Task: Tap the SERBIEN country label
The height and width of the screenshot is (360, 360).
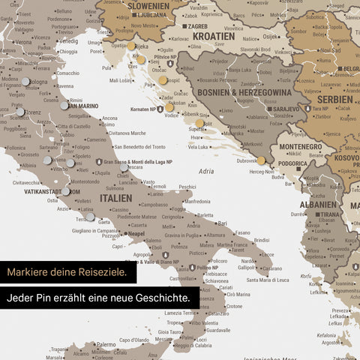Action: (x=334, y=99)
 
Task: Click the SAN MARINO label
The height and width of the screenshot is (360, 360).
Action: (x=83, y=106)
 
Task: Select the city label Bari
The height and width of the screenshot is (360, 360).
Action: (x=223, y=223)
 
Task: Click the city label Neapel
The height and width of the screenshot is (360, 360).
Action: (x=136, y=234)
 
